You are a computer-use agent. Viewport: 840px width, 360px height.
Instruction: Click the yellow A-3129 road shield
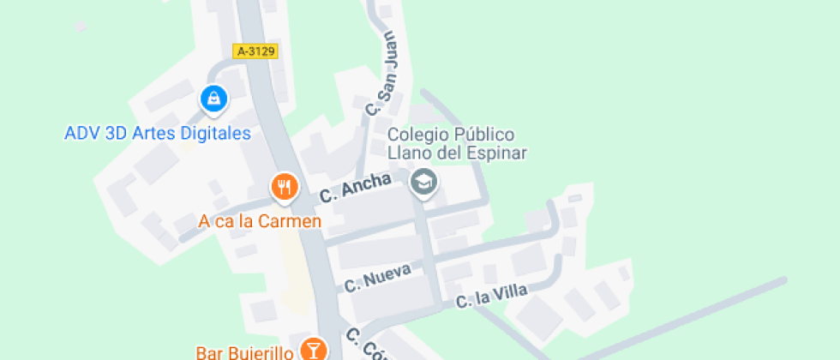(x=255, y=51)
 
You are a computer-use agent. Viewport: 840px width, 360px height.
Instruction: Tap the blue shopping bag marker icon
(x=213, y=99)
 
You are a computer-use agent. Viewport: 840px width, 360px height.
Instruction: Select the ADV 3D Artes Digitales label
(x=158, y=134)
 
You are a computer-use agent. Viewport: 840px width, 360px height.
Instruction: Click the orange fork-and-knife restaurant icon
(x=284, y=185)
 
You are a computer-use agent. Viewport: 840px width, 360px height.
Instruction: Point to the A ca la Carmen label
(x=260, y=221)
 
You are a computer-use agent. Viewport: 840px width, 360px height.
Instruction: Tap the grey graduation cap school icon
(x=423, y=182)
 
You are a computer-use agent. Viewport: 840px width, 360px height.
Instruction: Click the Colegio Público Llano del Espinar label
(x=456, y=144)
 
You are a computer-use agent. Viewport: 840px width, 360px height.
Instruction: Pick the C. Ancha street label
(x=356, y=187)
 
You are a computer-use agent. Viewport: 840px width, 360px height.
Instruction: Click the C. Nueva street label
(x=378, y=278)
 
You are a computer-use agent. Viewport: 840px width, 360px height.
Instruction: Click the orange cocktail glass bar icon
(x=314, y=348)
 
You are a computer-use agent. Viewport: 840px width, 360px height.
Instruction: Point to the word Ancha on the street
(x=366, y=184)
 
